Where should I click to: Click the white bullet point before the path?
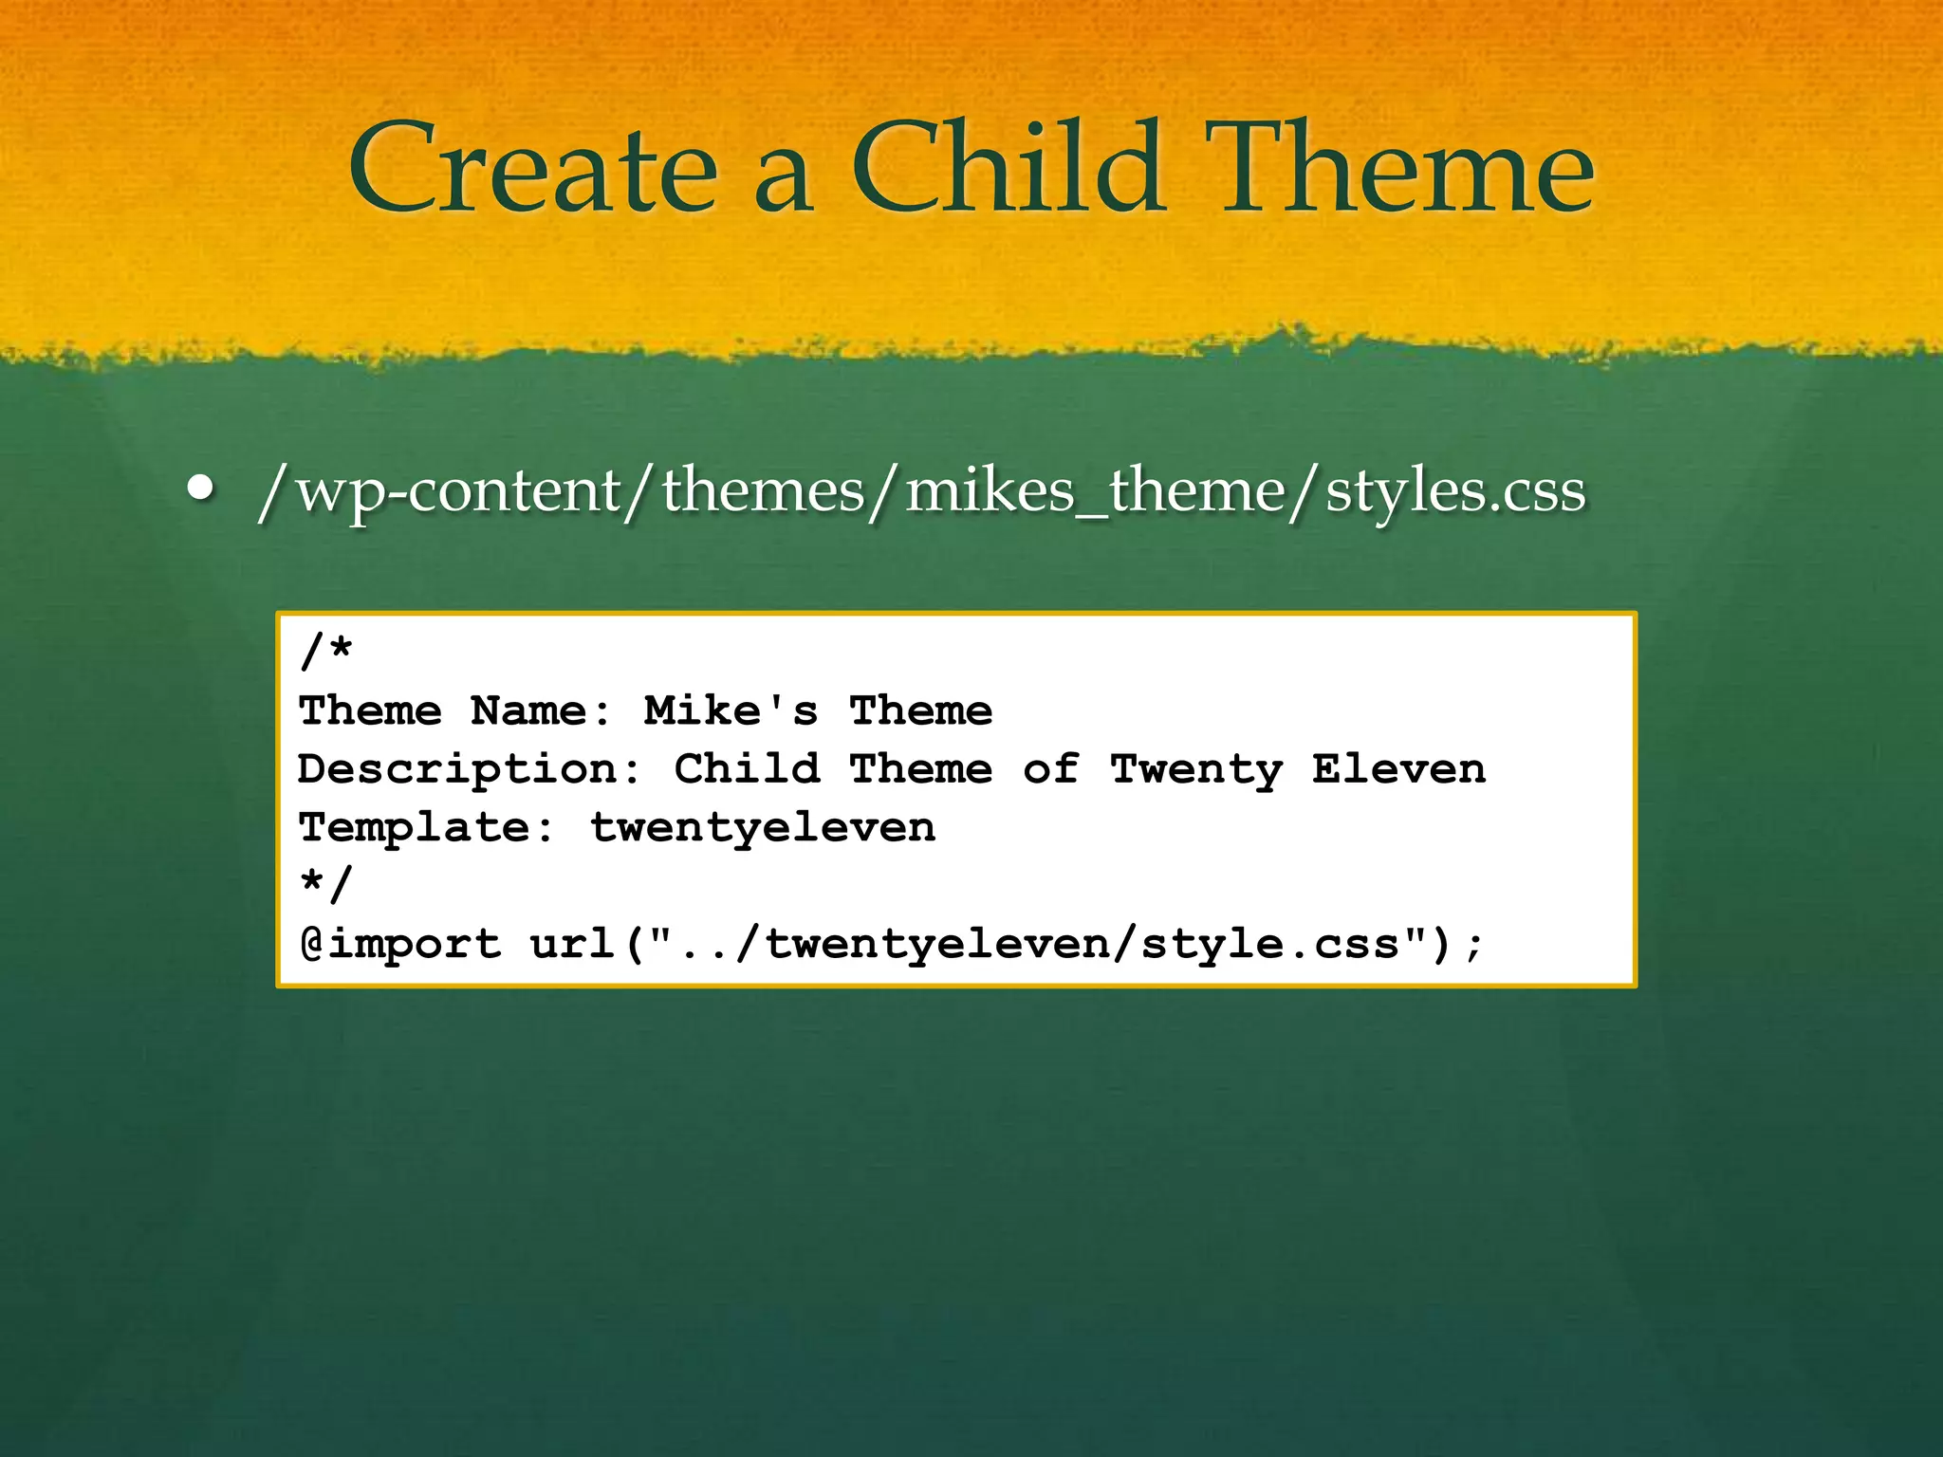[x=200, y=488]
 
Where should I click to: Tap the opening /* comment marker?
[x=326, y=652]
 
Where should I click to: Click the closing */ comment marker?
[x=326, y=884]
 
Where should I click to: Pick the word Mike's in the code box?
[x=731, y=710]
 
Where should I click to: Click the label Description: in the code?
[x=470, y=769]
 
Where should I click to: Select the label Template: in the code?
[x=427, y=828]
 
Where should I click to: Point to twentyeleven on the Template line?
[x=763, y=828]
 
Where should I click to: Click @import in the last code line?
[x=400, y=944]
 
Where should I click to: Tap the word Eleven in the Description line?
[x=1398, y=769]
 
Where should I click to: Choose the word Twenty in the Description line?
[x=1195, y=769]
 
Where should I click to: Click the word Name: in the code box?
[x=542, y=710]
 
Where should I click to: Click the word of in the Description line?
[x=1050, y=769]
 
